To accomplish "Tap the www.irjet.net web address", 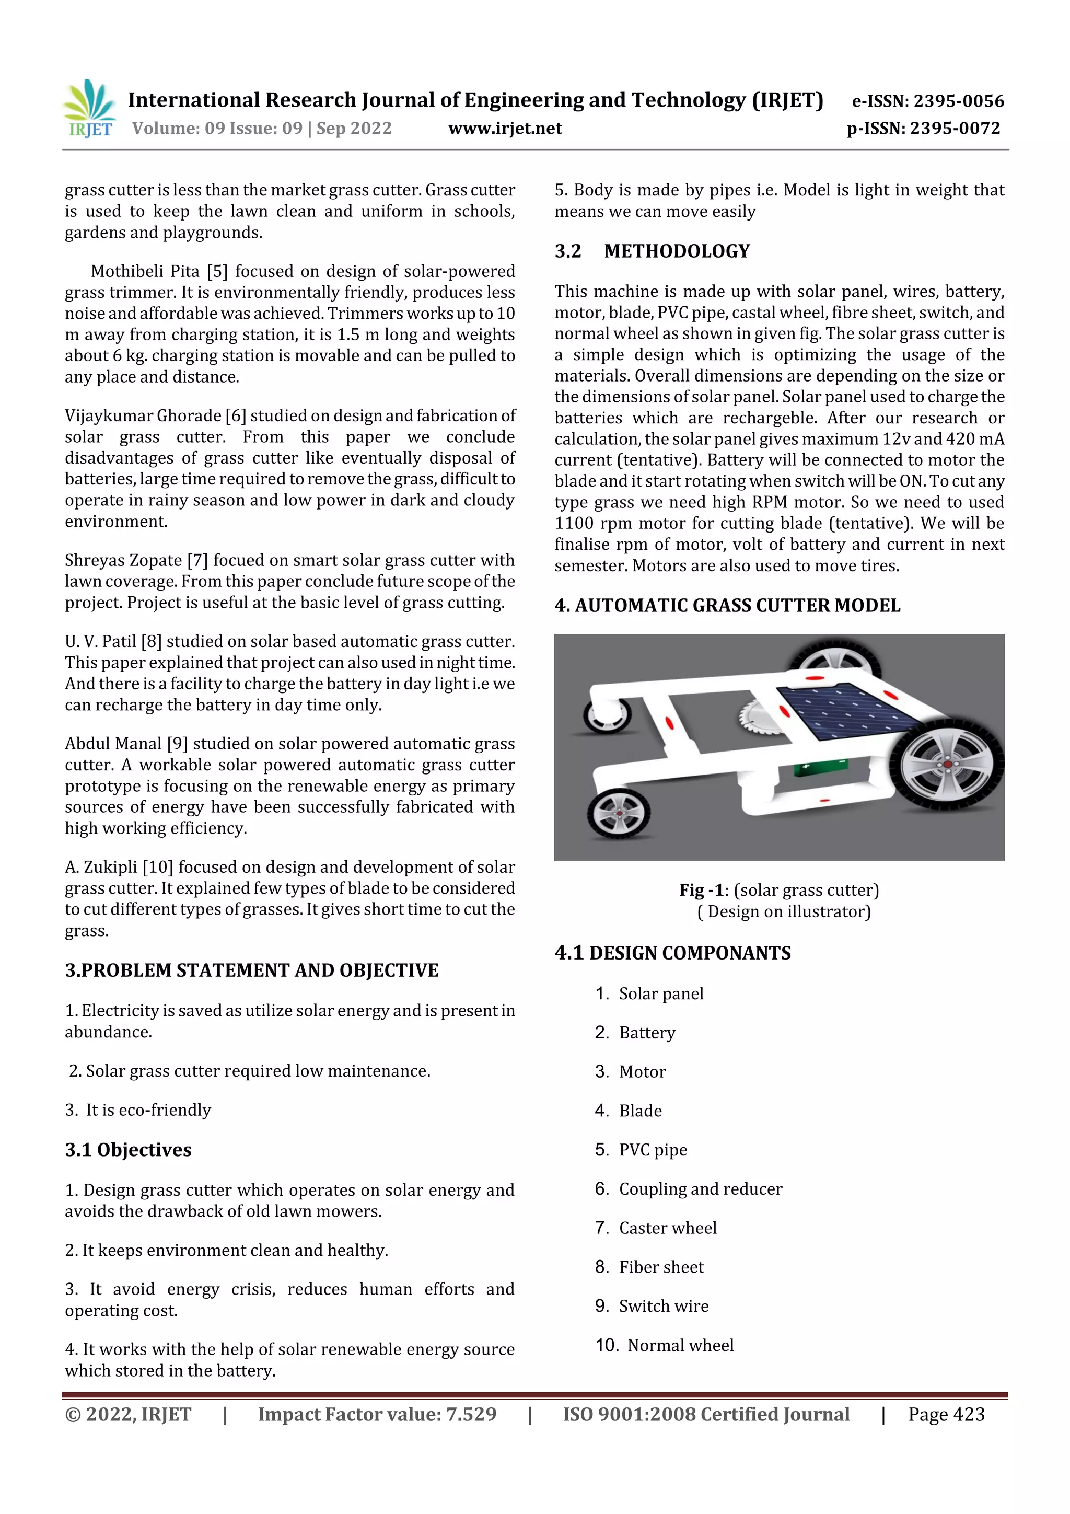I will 505,129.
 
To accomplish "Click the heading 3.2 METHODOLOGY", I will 652,251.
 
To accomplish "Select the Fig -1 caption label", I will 701,890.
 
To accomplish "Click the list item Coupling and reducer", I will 700,1189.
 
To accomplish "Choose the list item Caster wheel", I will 667,1228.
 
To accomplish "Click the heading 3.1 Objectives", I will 128,1150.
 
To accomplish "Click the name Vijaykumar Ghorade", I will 143,416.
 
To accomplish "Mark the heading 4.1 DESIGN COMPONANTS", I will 672,953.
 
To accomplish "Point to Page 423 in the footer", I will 946,1414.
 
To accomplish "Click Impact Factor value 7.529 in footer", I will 377,1414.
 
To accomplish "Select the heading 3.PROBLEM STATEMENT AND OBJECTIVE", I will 251,970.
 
